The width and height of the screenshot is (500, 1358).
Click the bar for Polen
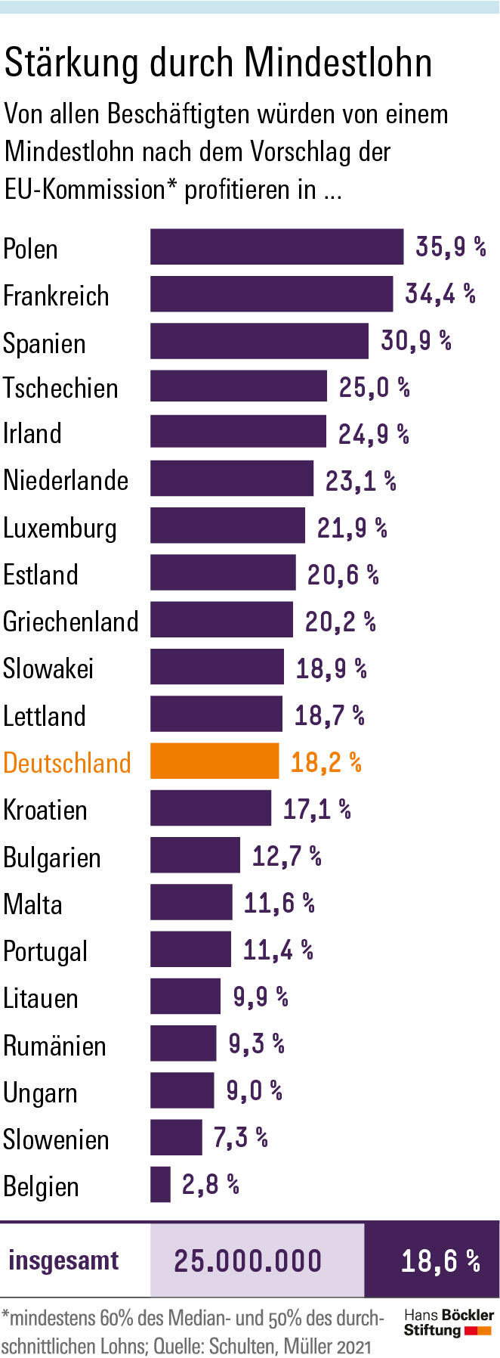tap(276, 247)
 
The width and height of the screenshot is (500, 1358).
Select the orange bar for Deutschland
tap(215, 761)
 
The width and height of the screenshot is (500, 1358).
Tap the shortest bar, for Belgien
tap(160, 1184)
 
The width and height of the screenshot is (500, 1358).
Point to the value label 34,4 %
tap(440, 293)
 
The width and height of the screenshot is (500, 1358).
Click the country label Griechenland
tap(71, 622)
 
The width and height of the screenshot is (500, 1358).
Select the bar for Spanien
tap(259, 341)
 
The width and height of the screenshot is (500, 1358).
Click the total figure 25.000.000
tap(248, 1260)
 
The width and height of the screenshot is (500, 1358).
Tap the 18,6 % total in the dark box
tap(440, 1260)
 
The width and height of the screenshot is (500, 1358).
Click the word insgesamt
tap(64, 1260)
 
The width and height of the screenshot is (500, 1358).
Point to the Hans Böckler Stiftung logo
tap(448, 1322)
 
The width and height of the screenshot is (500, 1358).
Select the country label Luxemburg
tap(60, 528)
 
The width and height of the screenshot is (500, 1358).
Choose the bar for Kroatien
tap(211, 808)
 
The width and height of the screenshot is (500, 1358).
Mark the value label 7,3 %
tap(241, 1136)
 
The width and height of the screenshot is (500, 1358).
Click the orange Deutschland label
tap(67, 763)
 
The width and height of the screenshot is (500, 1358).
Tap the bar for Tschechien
tap(239, 386)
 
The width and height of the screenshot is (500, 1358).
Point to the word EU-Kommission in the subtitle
tap(85, 189)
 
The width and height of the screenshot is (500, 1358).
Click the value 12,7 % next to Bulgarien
tap(286, 856)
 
